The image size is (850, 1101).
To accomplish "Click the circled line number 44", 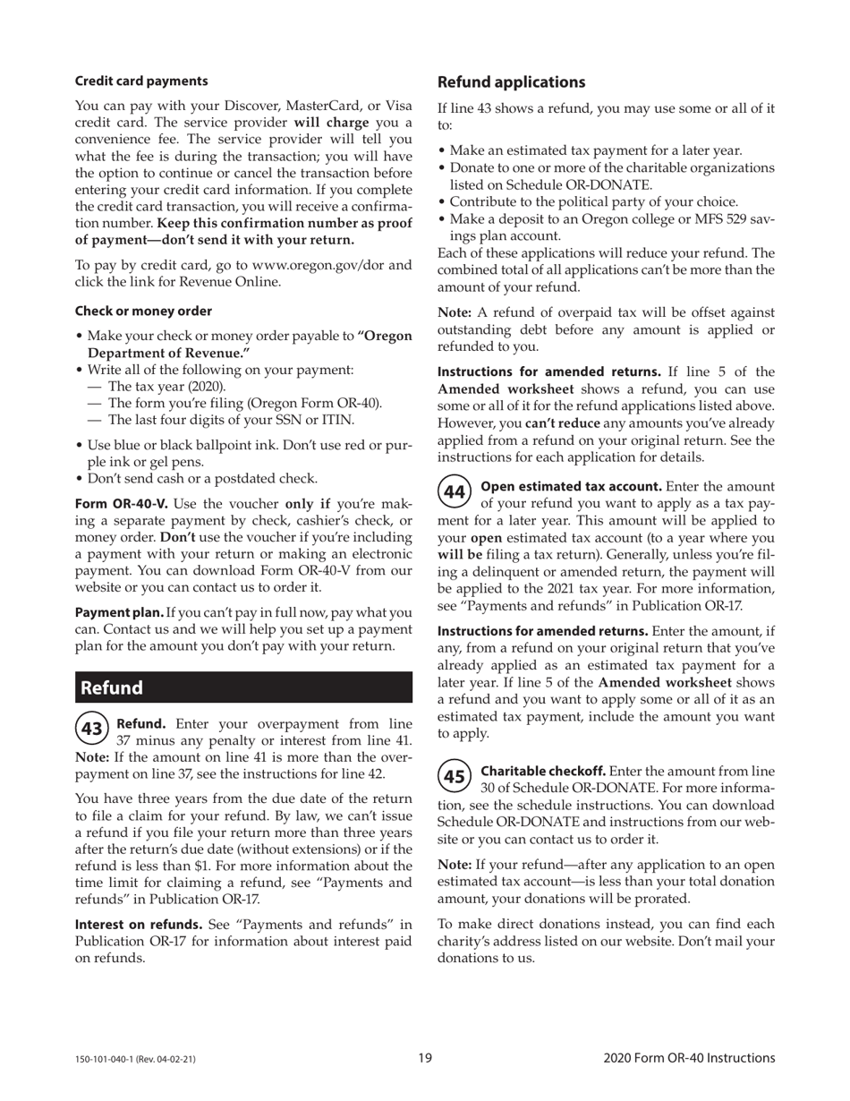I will point(455,492).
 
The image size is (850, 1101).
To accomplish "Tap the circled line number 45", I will point(455,776).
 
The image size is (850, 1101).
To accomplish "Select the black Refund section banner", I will point(243,687).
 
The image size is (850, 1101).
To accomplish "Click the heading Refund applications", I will point(511,82).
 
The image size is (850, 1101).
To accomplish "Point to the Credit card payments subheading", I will point(140,81).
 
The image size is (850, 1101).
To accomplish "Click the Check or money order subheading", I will point(143,311).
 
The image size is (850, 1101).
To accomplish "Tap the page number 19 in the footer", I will point(425,1058).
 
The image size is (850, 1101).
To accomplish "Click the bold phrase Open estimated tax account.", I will point(571,486).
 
